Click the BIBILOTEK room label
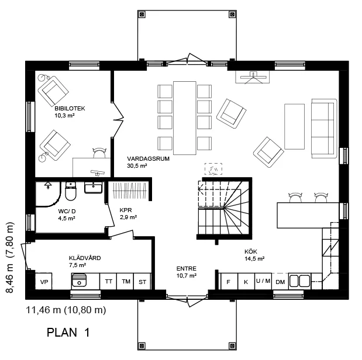[x=70, y=109]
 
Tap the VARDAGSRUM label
[x=148, y=159]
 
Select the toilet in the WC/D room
[x=70, y=191]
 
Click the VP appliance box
[x=44, y=282]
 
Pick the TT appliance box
[x=109, y=282]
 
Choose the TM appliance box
[x=126, y=282]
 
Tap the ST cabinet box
[x=142, y=282]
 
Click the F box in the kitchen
[x=229, y=282]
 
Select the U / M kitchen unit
[x=263, y=282]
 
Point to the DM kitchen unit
[x=280, y=282]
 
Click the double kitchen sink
[x=299, y=281]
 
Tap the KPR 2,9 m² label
[x=128, y=214]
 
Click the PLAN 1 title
[x=68, y=333]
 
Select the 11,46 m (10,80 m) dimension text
[x=66, y=310]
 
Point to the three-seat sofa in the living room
[x=324, y=129]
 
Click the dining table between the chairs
[x=185, y=118]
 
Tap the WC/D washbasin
[x=93, y=188]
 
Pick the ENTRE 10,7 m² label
[x=187, y=272]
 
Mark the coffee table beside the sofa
[x=294, y=126]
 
